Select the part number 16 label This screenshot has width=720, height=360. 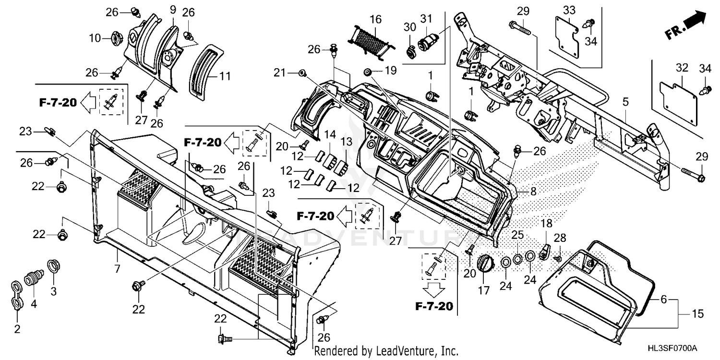pyautogui.click(x=375, y=19)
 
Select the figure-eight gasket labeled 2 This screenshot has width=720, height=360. pyautogui.click(x=17, y=296)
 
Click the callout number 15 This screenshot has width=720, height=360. pyautogui.click(x=697, y=314)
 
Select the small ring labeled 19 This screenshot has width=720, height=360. pyautogui.click(x=368, y=72)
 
